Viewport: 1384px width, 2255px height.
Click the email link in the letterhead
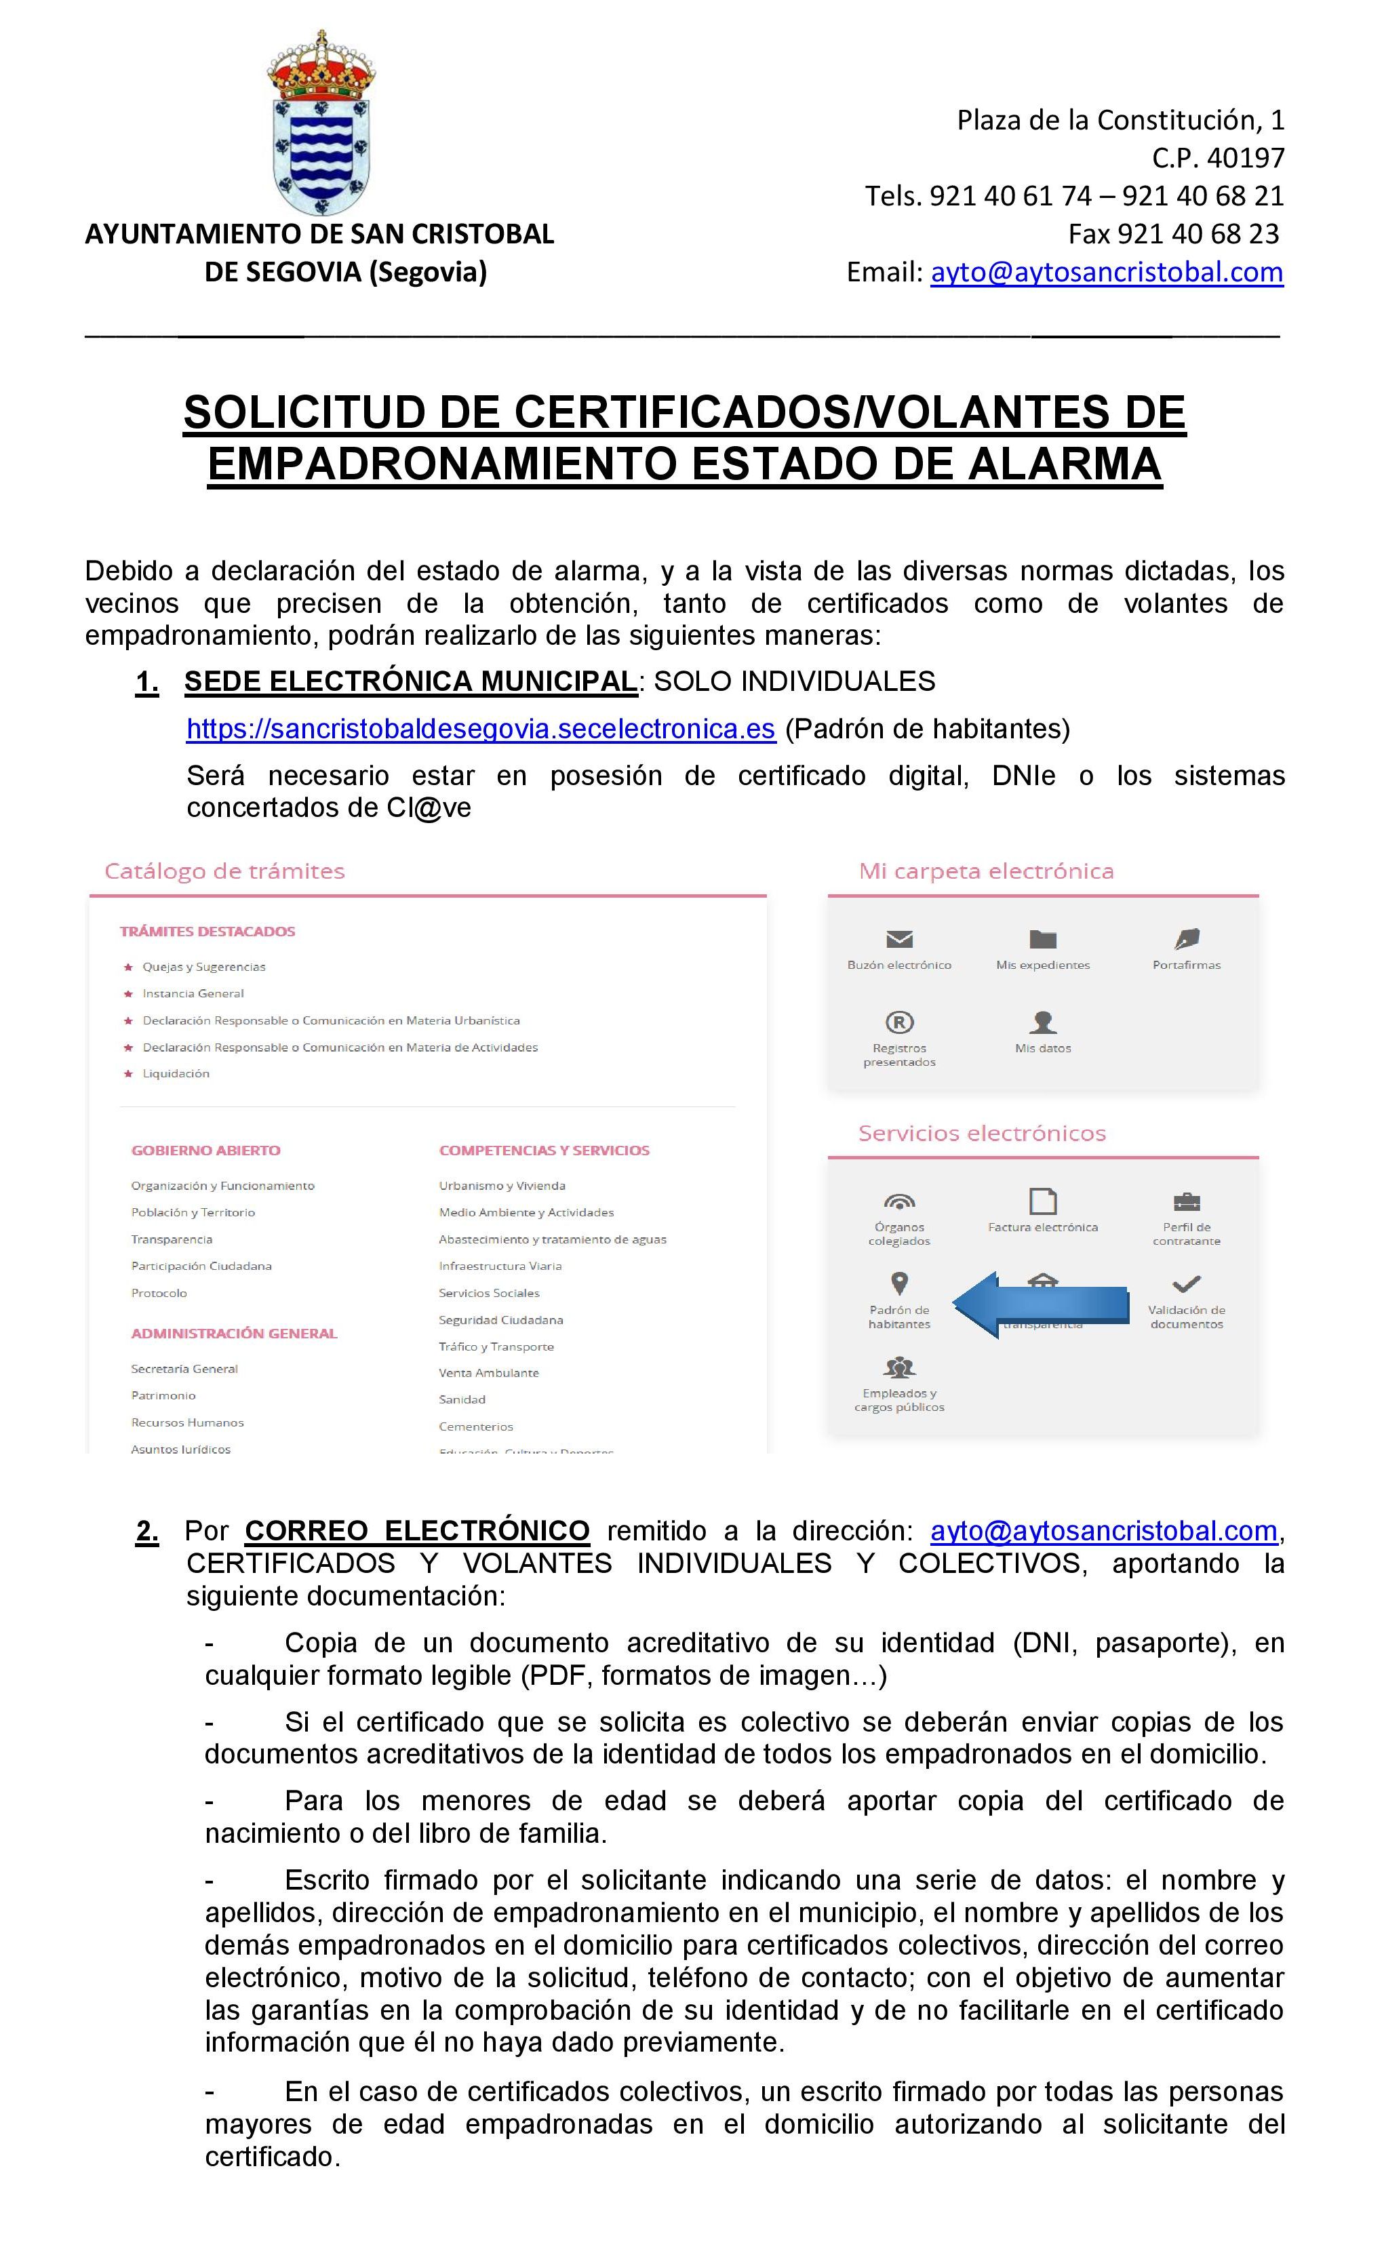[x=1106, y=272]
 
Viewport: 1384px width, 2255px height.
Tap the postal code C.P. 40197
[x=1217, y=157]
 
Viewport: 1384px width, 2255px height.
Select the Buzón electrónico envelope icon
[x=899, y=939]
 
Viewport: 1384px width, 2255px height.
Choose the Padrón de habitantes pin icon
[x=899, y=1283]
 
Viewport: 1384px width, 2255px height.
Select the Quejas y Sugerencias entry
[x=203, y=966]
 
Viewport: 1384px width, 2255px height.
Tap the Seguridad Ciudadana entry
[x=500, y=1319]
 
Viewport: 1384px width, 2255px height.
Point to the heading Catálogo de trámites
[x=224, y=871]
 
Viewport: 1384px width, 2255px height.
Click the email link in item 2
[x=1104, y=1530]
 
